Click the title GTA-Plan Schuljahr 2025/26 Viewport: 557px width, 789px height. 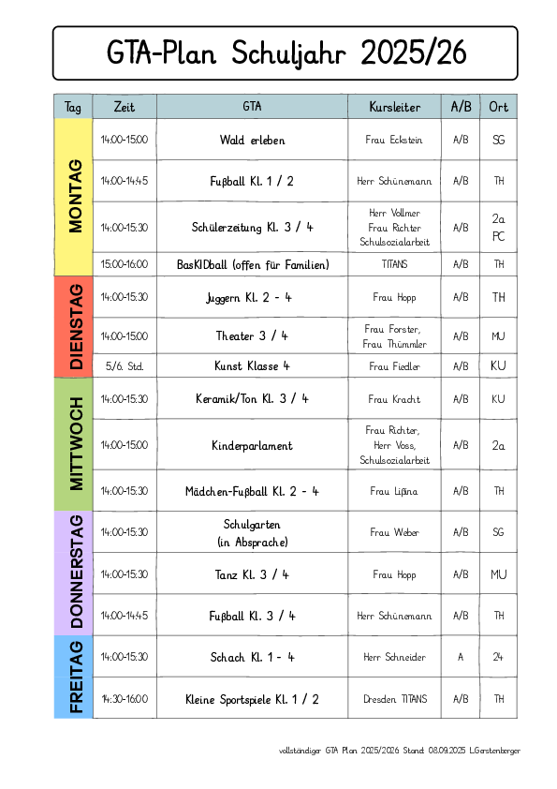click(285, 52)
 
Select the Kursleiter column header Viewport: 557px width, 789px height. click(394, 107)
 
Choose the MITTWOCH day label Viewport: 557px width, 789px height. click(76, 443)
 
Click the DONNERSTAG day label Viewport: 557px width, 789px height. click(76, 573)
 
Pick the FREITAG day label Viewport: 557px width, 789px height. click(76, 677)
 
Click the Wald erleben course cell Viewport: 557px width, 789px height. click(252, 140)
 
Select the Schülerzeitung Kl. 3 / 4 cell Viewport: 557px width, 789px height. click(252, 227)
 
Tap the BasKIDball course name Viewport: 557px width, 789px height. click(252, 264)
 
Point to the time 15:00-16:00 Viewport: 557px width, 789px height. click(125, 264)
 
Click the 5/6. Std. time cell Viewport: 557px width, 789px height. click(125, 365)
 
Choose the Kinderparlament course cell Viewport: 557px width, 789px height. click(252, 446)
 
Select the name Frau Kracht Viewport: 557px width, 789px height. click(394, 399)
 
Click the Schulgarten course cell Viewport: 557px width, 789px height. click(252, 532)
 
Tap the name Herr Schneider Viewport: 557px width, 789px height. click(394, 657)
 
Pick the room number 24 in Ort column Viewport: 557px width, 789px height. click(498, 657)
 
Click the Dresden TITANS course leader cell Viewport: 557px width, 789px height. click(394, 699)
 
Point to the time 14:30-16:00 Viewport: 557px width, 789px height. click(125, 699)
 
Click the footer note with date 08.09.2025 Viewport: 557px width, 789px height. click(400, 751)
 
